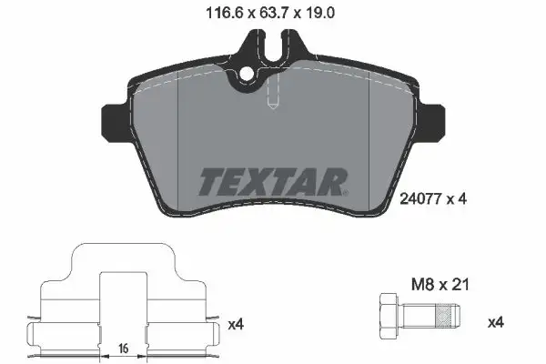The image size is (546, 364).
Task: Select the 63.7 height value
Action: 270,13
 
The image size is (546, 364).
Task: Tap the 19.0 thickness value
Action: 321,13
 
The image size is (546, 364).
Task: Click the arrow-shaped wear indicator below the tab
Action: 272,98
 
